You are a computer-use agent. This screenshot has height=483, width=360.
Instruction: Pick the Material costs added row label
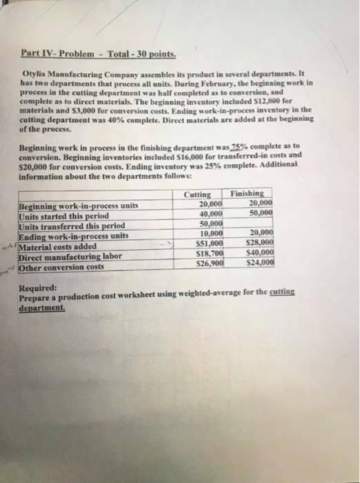coord(59,246)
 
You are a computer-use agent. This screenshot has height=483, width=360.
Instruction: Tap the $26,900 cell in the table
coord(210,265)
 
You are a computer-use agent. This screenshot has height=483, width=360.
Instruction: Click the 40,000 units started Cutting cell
coord(210,215)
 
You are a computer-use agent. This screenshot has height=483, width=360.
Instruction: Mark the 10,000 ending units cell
coord(210,235)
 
